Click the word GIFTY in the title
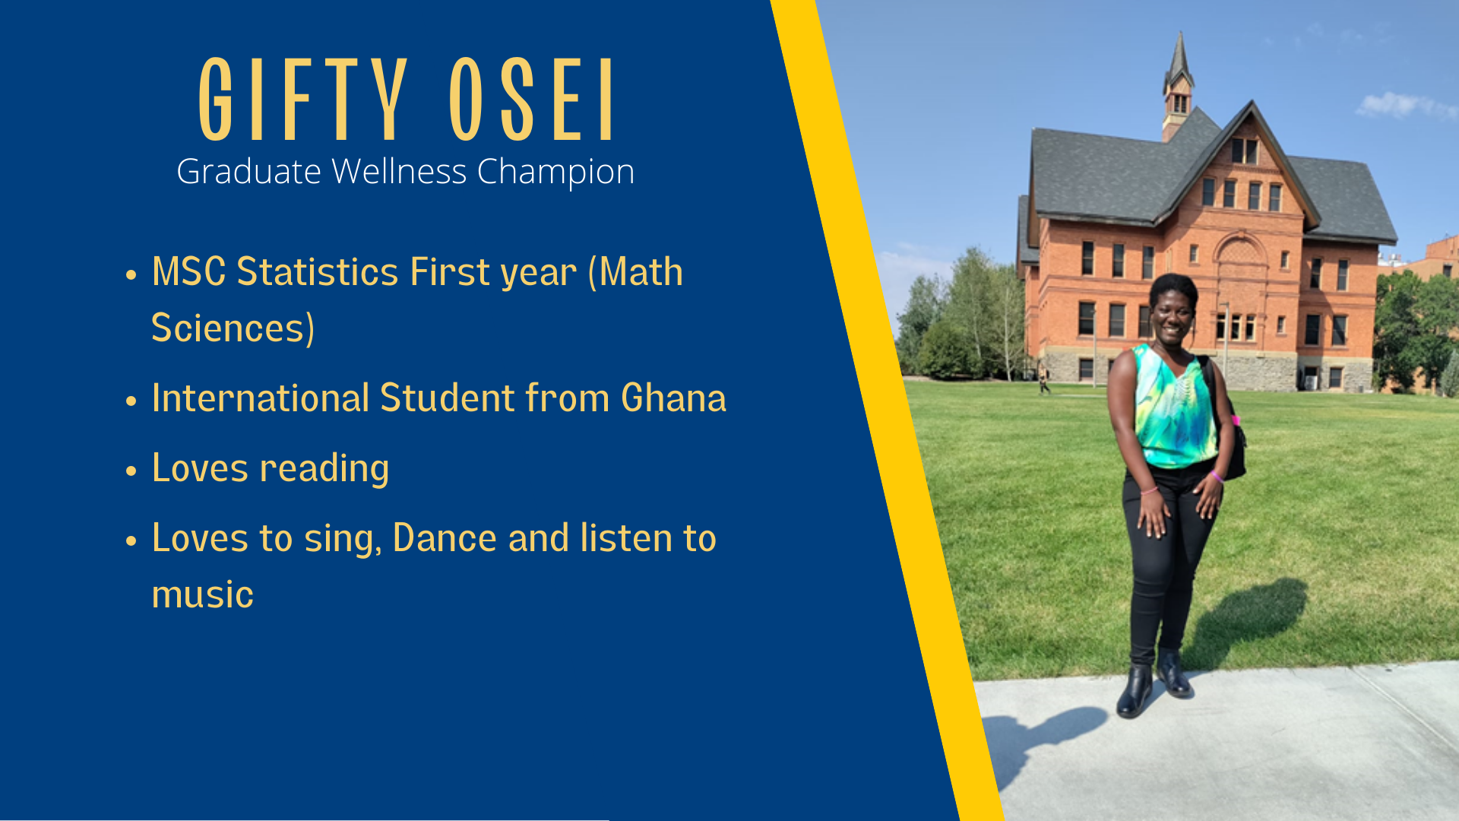303,100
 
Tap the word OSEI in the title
531,100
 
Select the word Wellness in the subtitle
399,171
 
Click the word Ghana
673,398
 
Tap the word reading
324,469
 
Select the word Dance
445,537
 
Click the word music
202,594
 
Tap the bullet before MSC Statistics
131,275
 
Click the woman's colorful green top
1174,407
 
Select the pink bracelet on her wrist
1217,477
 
